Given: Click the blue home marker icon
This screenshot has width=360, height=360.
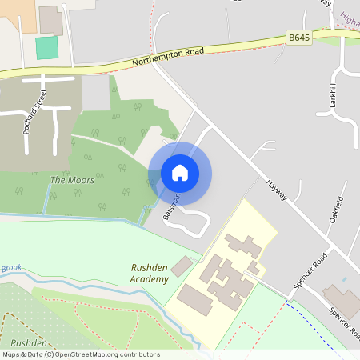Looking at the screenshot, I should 180,173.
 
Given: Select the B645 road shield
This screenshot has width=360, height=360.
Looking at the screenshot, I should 298,37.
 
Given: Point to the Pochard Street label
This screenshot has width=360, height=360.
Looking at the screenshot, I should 31,113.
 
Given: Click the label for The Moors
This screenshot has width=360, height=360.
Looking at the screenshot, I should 72,180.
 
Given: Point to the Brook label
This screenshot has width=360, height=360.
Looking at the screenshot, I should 11,268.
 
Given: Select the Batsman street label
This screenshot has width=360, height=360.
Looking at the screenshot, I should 171,206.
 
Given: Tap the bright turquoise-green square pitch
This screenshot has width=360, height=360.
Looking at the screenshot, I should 47,47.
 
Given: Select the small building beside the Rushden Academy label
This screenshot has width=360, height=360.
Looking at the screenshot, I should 182,266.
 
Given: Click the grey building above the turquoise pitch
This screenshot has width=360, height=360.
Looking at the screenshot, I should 50,20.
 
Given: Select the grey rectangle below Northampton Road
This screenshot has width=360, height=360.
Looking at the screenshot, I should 95,93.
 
